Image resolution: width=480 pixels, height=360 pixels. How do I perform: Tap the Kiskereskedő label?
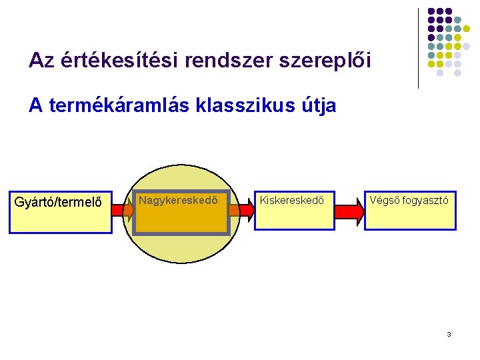[291, 199]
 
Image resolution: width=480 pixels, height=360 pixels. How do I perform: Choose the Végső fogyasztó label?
[409, 199]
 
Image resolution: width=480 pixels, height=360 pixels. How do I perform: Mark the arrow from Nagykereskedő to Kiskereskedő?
[241, 211]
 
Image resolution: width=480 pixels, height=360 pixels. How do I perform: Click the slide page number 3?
[449, 333]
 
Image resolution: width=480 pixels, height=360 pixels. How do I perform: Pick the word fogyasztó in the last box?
[424, 199]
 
